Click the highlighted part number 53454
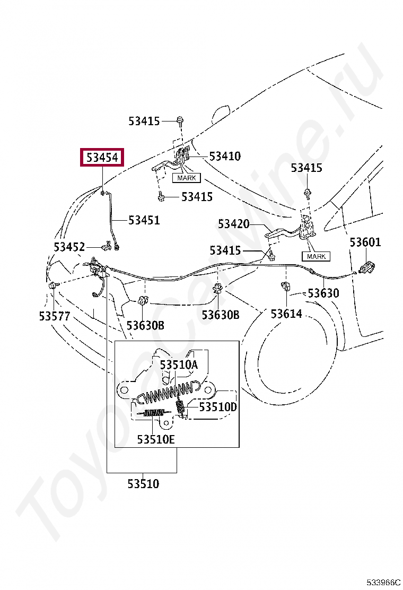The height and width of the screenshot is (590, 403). [x=102, y=158]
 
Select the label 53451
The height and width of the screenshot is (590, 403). [x=144, y=220]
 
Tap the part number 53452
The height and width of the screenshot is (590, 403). [x=69, y=247]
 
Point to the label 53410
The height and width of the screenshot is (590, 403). [x=225, y=157]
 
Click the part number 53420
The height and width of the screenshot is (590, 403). [x=233, y=224]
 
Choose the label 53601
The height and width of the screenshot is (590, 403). [x=365, y=242]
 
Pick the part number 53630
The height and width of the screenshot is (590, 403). [x=323, y=293]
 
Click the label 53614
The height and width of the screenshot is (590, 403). [x=286, y=314]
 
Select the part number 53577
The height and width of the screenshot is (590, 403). [x=54, y=316]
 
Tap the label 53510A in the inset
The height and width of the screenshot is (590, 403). [x=179, y=365]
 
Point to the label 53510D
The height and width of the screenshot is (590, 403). [x=218, y=407]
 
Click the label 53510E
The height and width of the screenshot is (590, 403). [x=156, y=439]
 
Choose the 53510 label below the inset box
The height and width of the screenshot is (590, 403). [x=143, y=483]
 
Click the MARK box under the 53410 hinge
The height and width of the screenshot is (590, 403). [x=186, y=178]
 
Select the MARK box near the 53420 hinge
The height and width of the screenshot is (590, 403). [x=316, y=256]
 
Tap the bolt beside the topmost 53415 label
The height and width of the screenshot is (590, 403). [x=180, y=120]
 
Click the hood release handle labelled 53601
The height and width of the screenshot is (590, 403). [x=365, y=267]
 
